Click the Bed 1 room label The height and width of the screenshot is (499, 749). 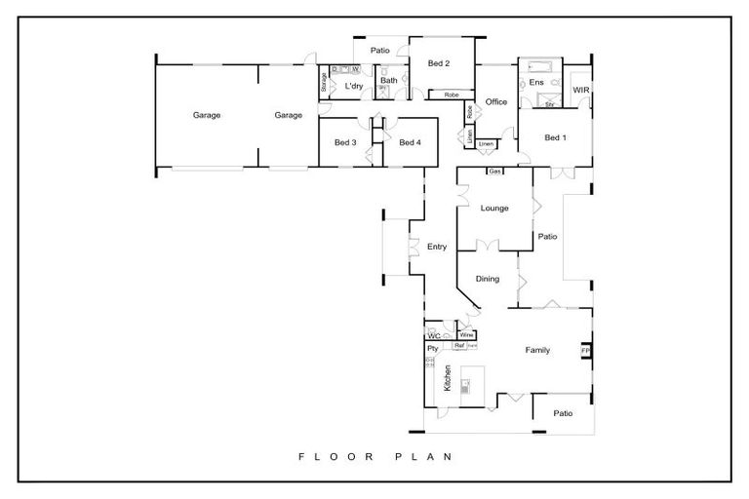[555, 137]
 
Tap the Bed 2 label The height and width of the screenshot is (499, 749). [438, 64]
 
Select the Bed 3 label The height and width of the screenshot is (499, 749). [344, 142]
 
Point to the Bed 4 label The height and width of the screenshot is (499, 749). [409, 142]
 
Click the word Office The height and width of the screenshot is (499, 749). [496, 101]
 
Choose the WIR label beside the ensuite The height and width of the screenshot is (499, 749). [580, 90]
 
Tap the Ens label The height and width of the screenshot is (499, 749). [535, 84]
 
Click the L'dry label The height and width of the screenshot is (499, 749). [354, 87]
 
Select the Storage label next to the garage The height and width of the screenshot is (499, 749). [324, 84]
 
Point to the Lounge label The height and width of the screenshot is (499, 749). [494, 208]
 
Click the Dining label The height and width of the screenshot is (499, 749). [488, 279]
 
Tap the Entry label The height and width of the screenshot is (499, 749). [437, 247]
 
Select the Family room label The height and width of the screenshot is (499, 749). [537, 349]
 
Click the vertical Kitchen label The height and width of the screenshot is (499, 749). [448, 378]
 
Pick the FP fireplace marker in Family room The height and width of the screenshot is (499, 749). [585, 350]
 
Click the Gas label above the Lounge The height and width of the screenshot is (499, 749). [494, 172]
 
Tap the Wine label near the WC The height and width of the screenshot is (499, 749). [466, 335]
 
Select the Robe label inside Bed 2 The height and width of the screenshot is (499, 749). [452, 95]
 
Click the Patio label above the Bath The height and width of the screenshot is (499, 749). [379, 50]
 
